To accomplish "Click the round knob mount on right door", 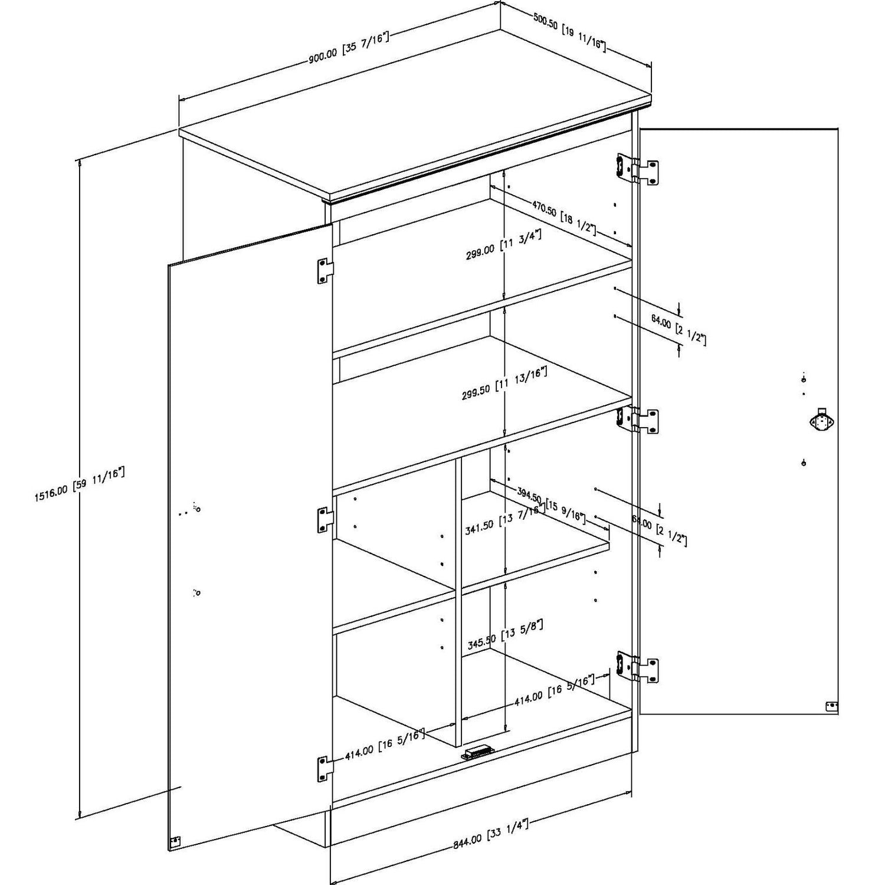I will coord(820,421).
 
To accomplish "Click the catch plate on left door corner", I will coord(175,842).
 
